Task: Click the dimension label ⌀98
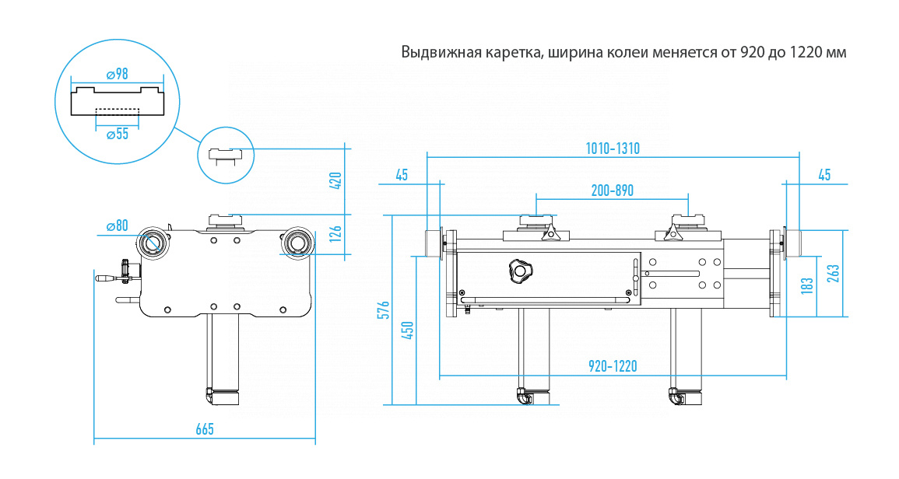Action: click(x=117, y=74)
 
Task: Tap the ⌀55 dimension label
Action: click(x=117, y=134)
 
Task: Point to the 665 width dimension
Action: click(x=204, y=429)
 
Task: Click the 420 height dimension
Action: click(x=336, y=180)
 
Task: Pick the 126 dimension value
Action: click(x=336, y=233)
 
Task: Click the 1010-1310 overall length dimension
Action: click(x=613, y=149)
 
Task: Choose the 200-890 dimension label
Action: click(x=613, y=189)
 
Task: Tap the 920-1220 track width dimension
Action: click(x=613, y=365)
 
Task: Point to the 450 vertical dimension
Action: click(x=407, y=330)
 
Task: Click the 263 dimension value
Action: click(x=834, y=274)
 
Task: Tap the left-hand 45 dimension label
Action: click(x=402, y=175)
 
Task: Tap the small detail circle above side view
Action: click(x=224, y=153)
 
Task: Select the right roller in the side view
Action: click(x=297, y=242)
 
